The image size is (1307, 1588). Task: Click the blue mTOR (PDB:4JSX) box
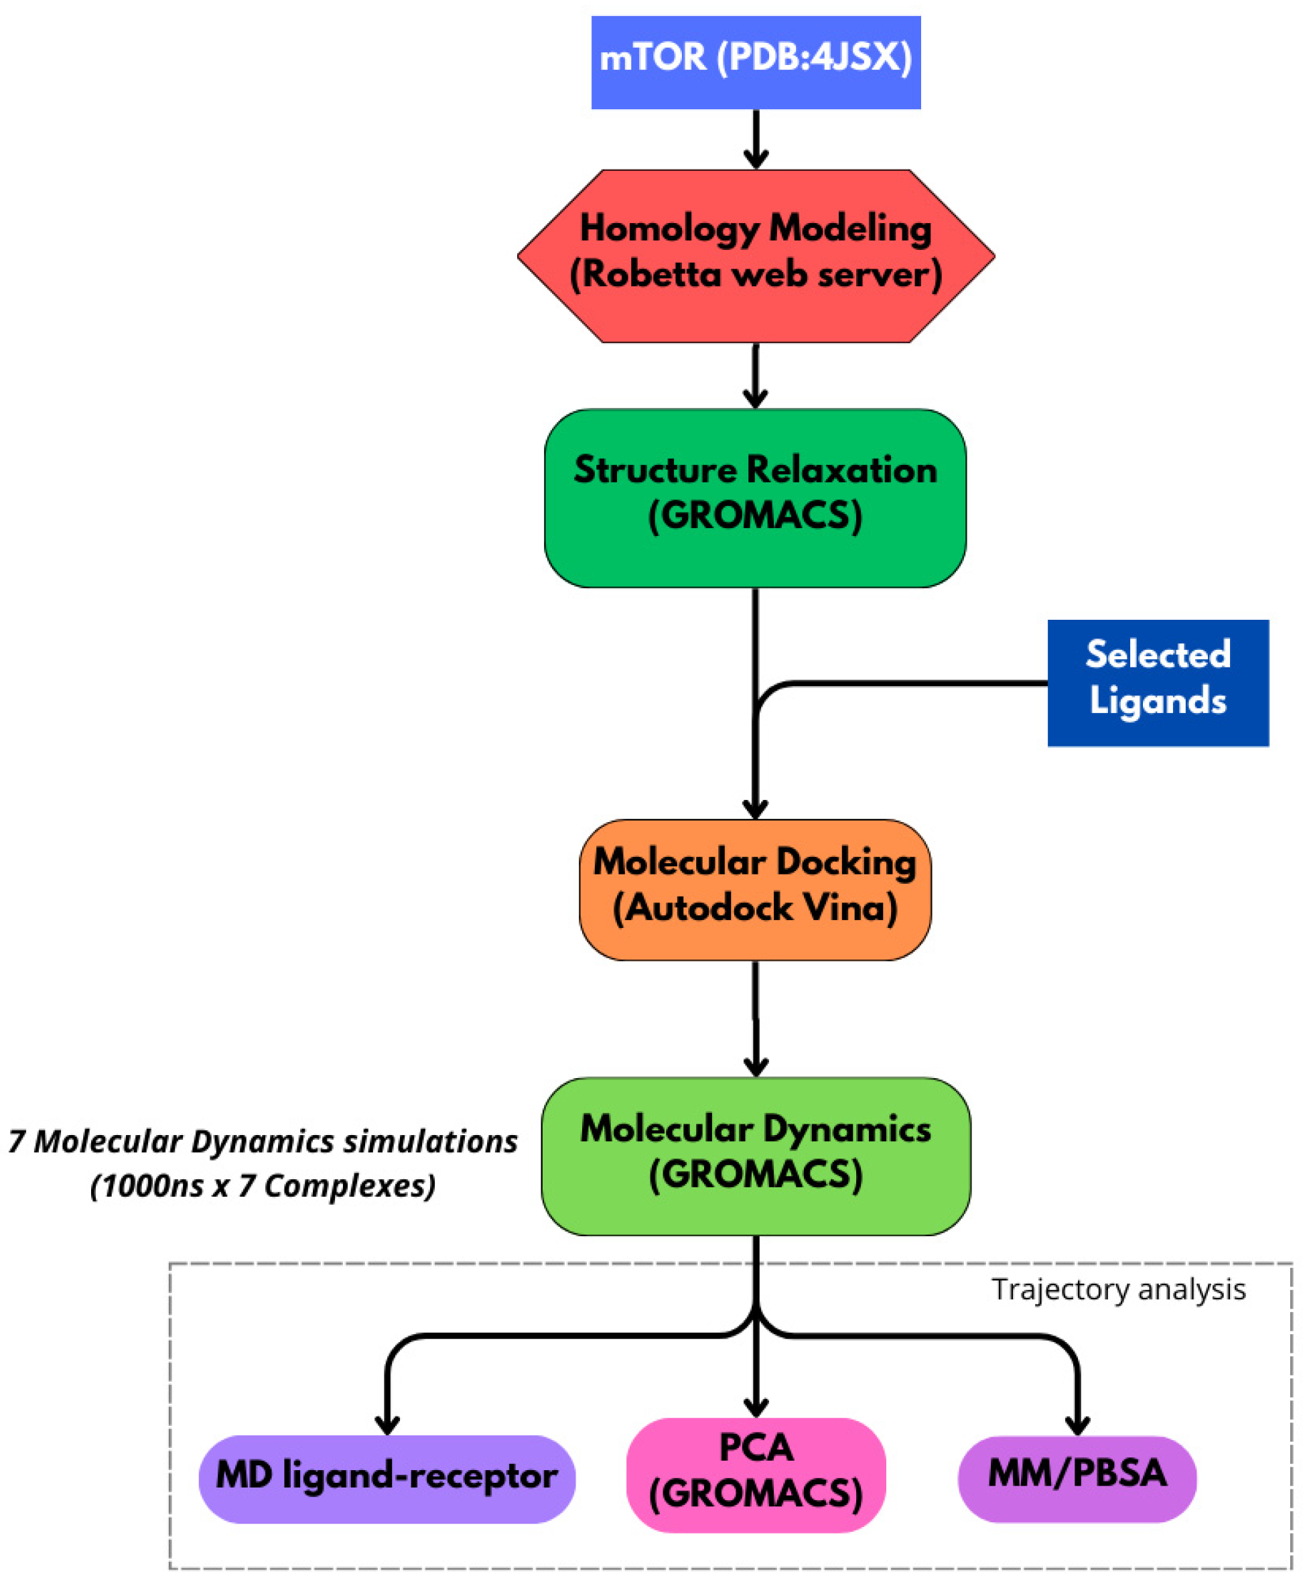tap(756, 62)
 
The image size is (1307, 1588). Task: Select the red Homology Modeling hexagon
tap(756, 256)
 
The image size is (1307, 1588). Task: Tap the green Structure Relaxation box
tap(755, 498)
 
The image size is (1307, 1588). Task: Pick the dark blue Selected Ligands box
tap(1158, 683)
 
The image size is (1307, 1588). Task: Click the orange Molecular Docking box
tap(755, 889)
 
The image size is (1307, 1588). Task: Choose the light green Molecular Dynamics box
tap(756, 1156)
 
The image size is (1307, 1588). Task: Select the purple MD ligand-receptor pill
tap(387, 1479)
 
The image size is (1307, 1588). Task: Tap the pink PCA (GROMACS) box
tap(756, 1475)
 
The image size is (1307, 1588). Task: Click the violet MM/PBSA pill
tap(1077, 1479)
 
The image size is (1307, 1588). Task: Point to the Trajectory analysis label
tap(1119, 1288)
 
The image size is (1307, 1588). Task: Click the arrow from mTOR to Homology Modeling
tap(756, 139)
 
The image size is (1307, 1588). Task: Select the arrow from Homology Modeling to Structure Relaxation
tap(755, 376)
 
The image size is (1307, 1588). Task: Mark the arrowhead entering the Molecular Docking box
tap(755, 809)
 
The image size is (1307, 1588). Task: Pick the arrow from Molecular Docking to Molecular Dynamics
tap(756, 1018)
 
